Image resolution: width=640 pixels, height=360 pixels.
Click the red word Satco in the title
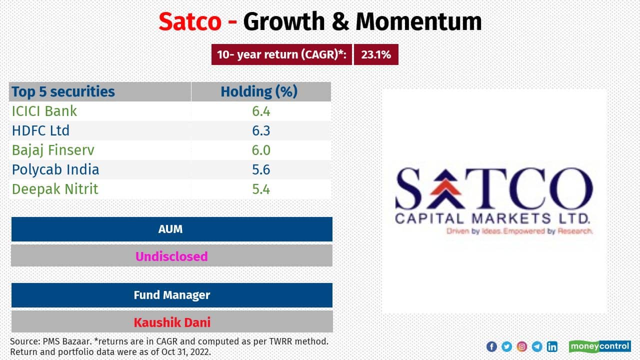tap(190, 21)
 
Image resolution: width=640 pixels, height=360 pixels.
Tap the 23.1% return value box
tap(376, 55)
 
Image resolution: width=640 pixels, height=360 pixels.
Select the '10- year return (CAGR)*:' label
tap(281, 55)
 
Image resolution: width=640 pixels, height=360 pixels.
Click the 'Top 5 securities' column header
tap(63, 91)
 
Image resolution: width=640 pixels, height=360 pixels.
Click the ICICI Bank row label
tap(44, 111)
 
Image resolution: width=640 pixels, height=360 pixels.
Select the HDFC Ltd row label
tap(40, 130)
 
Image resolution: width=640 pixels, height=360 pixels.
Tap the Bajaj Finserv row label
tap(53, 150)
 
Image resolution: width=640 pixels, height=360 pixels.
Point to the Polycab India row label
tap(55, 169)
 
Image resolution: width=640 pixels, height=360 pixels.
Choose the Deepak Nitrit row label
tap(55, 189)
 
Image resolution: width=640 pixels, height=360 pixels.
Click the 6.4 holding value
tap(261, 111)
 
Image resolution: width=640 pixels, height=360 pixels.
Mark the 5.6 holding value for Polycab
tap(261, 169)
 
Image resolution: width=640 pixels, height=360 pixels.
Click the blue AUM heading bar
tap(171, 229)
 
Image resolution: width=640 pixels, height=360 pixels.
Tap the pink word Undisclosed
tap(171, 256)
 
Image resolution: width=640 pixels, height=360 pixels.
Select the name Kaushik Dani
tap(171, 322)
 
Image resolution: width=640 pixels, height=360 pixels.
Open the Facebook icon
tap(491, 346)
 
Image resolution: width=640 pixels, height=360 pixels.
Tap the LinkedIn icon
tap(552, 346)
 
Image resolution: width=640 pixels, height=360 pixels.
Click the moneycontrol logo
tap(599, 346)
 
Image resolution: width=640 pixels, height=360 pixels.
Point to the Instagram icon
tap(522, 346)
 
